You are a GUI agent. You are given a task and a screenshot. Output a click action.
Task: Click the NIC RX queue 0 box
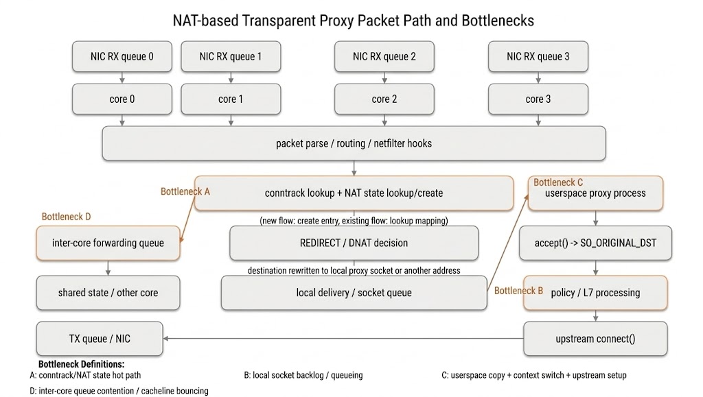click(x=122, y=56)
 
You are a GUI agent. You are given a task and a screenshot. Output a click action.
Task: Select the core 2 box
click(x=384, y=99)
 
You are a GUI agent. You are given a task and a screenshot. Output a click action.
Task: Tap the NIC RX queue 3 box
click(x=538, y=56)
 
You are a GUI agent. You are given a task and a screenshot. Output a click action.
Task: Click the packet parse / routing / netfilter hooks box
click(x=354, y=143)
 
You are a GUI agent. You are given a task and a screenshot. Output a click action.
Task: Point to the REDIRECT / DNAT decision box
click(x=354, y=243)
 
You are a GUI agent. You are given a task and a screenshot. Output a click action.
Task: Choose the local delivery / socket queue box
click(x=354, y=293)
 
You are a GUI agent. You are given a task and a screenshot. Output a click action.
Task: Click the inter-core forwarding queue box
click(x=108, y=243)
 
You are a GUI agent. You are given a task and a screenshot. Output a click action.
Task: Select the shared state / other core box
click(x=108, y=293)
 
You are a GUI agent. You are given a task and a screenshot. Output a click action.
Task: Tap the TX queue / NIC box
click(x=100, y=339)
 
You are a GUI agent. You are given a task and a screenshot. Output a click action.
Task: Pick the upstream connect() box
click(x=595, y=339)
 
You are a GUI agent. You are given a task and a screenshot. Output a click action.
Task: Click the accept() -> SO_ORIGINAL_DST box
click(x=595, y=243)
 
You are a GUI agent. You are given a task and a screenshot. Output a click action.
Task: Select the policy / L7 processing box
click(x=595, y=293)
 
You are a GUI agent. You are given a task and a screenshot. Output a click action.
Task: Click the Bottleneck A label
click(x=185, y=191)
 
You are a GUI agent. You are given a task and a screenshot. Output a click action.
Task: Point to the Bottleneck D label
click(x=66, y=217)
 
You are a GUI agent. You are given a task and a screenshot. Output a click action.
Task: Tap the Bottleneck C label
click(x=558, y=182)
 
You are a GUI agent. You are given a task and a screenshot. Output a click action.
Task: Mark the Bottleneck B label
click(x=518, y=291)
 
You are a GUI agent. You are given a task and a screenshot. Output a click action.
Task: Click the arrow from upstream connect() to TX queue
click(x=343, y=338)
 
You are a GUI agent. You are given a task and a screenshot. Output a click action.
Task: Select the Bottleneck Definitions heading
click(x=81, y=364)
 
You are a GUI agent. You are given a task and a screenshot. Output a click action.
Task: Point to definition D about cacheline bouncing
click(x=119, y=391)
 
